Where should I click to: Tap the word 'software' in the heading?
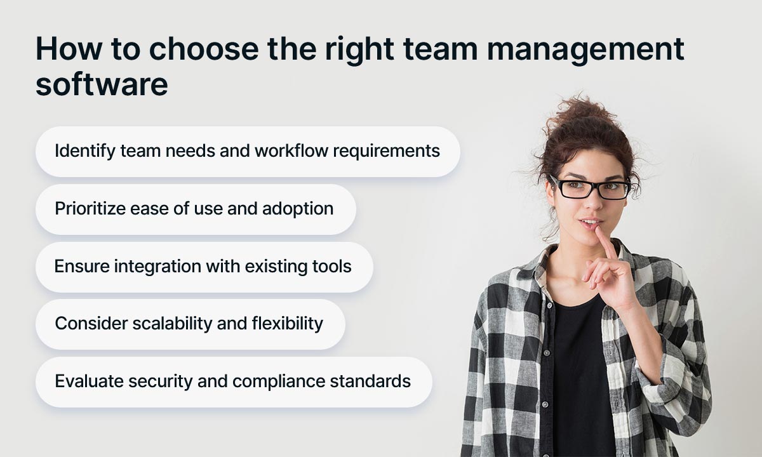(x=102, y=84)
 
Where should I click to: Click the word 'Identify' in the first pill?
(x=77, y=151)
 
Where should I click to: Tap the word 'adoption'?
(x=300, y=209)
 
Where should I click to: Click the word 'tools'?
(x=333, y=266)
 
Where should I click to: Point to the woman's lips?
(x=590, y=224)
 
